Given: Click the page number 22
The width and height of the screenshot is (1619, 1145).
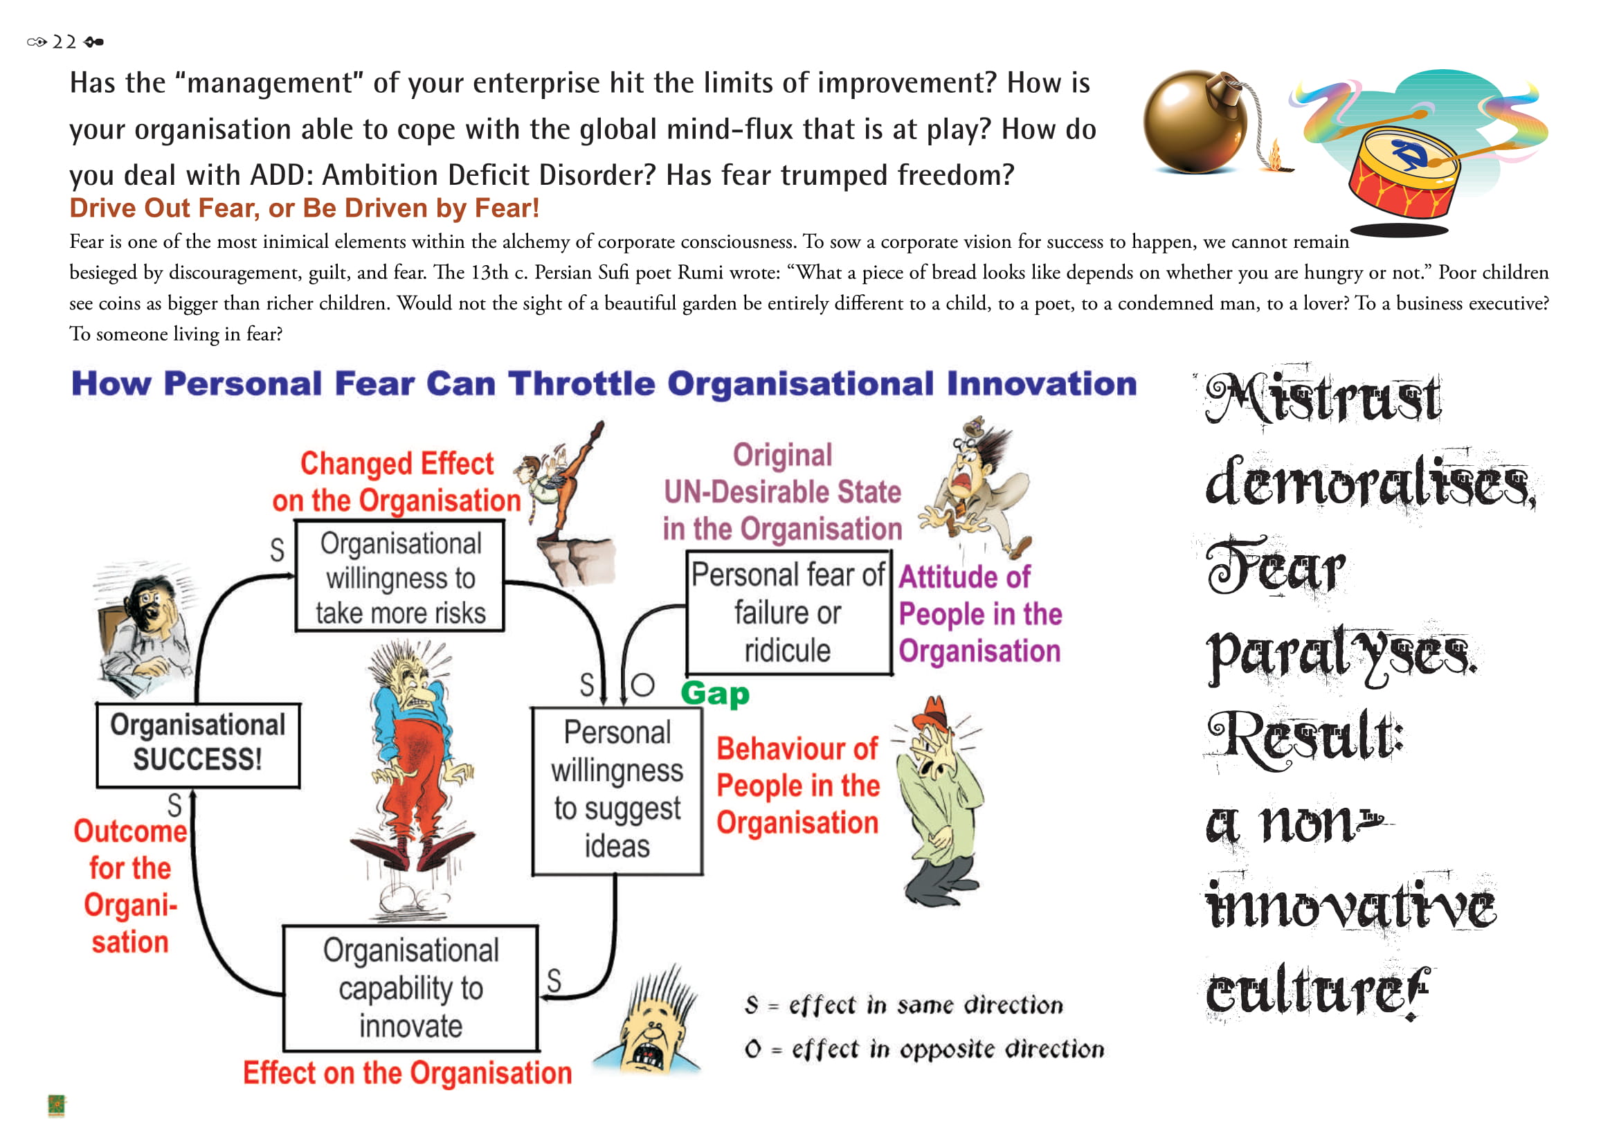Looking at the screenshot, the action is pos(64,42).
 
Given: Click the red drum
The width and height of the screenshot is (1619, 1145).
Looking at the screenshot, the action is pos(1403,173).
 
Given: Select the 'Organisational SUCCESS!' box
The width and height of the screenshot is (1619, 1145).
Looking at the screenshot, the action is pos(198,746).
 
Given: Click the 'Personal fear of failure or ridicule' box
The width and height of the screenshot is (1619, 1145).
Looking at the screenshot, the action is pos(789,613).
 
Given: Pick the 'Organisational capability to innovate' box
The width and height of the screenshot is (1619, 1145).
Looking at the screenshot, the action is pos(410,988).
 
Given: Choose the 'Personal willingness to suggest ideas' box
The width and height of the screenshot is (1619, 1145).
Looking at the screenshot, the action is pos(617,791).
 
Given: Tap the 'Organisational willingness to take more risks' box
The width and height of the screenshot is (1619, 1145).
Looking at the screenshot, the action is pos(400,576).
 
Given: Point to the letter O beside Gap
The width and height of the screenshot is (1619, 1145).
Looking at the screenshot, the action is pos(642,685).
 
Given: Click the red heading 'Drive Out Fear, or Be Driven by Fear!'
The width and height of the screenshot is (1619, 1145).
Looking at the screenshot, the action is pos(304,208).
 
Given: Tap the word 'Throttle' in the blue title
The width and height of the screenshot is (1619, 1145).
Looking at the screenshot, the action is pos(581,384).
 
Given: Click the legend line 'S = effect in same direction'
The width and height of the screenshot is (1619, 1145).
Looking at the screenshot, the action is pos(903,1004).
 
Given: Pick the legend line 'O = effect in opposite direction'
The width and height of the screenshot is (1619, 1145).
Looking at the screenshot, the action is pos(924,1049).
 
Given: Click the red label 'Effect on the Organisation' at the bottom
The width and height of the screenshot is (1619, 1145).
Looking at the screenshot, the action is pos(408,1074).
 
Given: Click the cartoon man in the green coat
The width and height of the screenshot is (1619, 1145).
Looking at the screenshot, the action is pos(938,802).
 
